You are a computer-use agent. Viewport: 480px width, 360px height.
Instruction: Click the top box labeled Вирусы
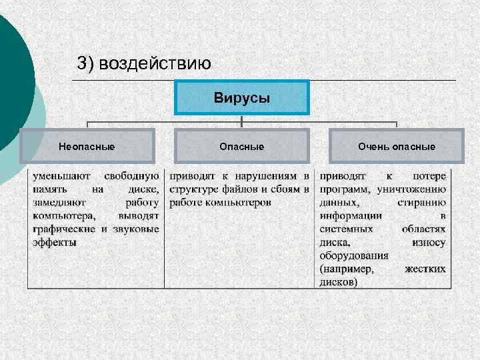coord(242,98)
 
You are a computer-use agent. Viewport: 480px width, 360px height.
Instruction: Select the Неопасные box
coord(87,147)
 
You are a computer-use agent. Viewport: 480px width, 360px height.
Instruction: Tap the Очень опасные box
coord(397,147)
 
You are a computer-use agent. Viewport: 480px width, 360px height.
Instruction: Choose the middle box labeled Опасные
coord(242,147)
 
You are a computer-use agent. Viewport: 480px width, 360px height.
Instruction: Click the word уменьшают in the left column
coord(59,177)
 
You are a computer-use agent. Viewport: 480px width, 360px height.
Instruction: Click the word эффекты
coord(54,242)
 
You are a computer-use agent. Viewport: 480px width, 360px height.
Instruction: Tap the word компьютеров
coord(238,203)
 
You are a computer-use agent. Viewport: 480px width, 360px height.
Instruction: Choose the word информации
coord(351,216)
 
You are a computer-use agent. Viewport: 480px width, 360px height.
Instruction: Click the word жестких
coord(425,269)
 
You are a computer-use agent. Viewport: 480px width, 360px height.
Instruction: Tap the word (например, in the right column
coord(347,269)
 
